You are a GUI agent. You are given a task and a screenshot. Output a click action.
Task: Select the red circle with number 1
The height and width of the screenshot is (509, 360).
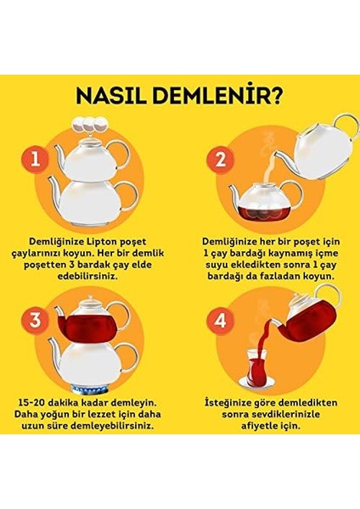click(34, 159)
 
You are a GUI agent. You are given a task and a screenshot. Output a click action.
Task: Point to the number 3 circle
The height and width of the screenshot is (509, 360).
click(34, 320)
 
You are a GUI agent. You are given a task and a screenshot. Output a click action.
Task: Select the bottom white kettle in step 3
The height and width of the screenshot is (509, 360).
click(89, 360)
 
